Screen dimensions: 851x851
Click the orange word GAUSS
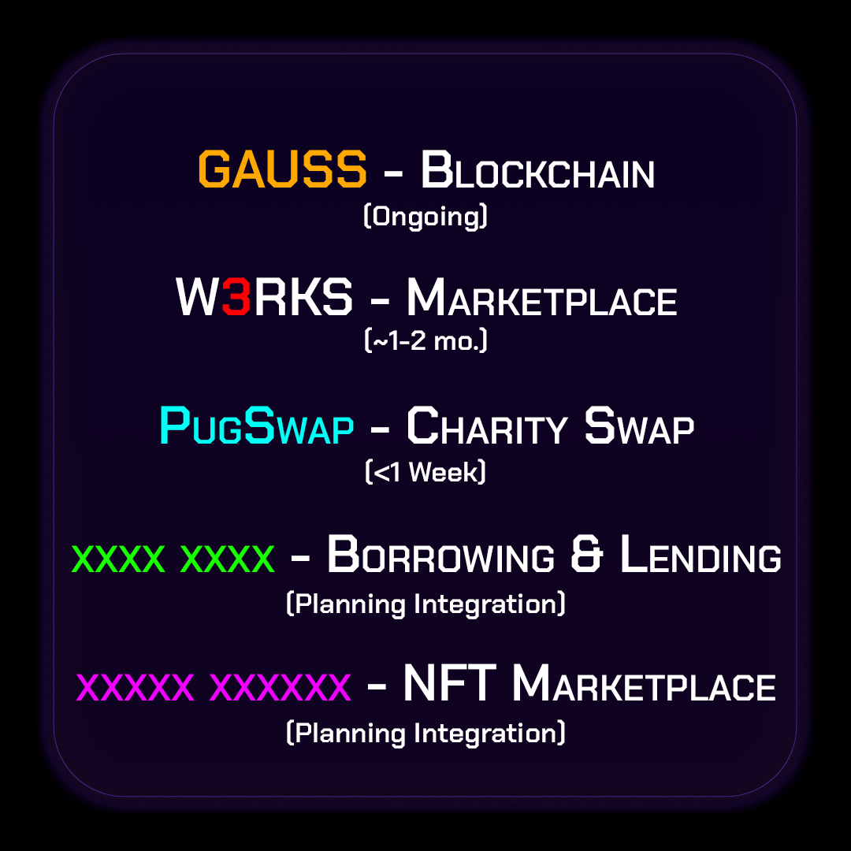click(282, 169)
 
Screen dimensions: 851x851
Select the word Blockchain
click(538, 170)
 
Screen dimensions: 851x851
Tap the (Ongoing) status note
click(425, 217)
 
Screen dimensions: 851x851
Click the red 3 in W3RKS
click(236, 296)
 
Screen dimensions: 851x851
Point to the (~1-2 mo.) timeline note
click(426, 341)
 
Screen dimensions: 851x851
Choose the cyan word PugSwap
click(257, 425)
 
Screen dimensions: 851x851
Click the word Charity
click(487, 426)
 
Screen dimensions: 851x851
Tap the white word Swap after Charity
click(639, 426)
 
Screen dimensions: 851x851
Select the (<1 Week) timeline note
click(425, 471)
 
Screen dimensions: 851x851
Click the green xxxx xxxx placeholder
click(173, 559)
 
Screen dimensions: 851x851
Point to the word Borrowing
click(440, 554)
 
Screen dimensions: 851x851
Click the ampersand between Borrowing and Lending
click(587, 554)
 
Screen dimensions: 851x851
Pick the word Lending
click(700, 554)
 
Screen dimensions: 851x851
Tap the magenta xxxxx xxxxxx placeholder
click(214, 687)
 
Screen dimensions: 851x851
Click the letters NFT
click(450, 682)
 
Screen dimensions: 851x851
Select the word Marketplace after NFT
click(645, 682)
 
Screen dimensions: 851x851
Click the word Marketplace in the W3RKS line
click(542, 297)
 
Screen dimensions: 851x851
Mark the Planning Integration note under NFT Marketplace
click(425, 733)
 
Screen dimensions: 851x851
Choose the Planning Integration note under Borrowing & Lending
click(425, 604)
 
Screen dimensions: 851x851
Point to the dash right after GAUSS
click(393, 173)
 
